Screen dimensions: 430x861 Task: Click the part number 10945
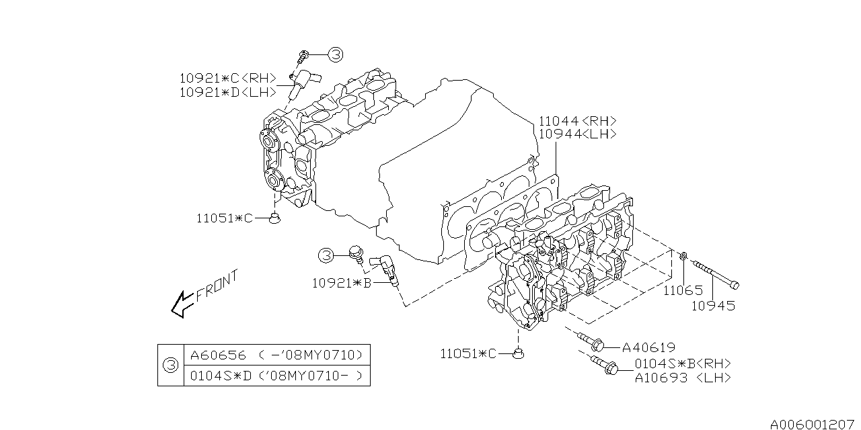tap(713, 306)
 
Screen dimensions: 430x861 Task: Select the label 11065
tap(683, 291)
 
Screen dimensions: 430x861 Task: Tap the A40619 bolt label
tap(648, 347)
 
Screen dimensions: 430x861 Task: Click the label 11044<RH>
tap(577, 122)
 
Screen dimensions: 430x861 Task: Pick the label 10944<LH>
tap(577, 134)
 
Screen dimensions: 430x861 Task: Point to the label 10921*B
tap(342, 283)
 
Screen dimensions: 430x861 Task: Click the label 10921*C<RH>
tap(223, 78)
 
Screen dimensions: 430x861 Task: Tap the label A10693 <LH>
tap(682, 378)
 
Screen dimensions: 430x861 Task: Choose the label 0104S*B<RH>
tap(682, 363)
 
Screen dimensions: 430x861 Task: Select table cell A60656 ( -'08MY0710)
tap(276, 355)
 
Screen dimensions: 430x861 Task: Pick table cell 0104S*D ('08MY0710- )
tap(276, 376)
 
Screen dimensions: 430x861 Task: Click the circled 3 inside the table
tap(170, 365)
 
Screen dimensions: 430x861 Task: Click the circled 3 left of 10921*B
tap(326, 255)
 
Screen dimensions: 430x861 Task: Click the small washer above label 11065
tap(683, 256)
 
